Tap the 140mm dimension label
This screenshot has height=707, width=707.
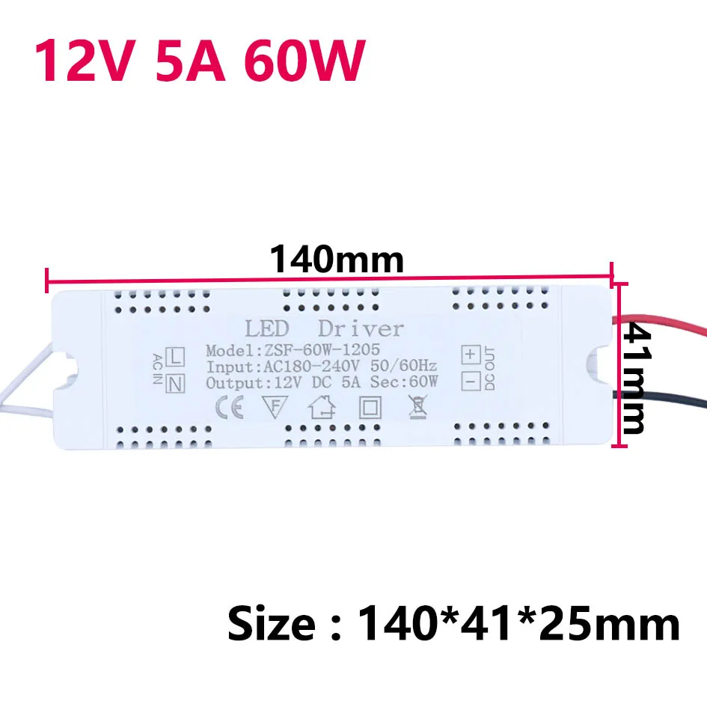(337, 260)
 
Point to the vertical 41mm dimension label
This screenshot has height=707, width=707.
(635, 378)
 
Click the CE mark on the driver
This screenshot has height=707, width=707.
(227, 408)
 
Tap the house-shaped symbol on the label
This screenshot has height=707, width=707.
(322, 408)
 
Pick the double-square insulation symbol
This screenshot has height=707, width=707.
(370, 408)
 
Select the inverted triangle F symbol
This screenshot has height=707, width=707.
(275, 408)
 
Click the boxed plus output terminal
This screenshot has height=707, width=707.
(470, 353)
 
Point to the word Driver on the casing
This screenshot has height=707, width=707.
(361, 328)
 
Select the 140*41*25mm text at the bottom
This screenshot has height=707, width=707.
(520, 623)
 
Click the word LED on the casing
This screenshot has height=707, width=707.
(269, 328)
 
